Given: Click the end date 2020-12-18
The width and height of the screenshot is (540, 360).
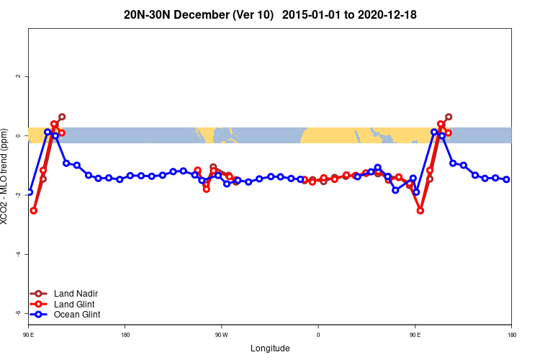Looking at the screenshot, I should pos(387,14).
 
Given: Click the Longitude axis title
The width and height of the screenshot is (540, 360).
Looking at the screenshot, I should pos(270,348).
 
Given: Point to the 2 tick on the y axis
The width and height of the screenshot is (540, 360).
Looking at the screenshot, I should pos(18,76).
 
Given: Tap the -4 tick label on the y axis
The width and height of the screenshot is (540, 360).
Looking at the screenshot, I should pos(18,254).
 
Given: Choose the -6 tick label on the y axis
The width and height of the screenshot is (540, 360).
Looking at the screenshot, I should pos(18,313).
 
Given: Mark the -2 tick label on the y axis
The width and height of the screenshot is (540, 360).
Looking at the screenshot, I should pos(18,195).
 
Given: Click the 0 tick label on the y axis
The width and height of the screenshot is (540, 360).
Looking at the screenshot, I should pos(18,135).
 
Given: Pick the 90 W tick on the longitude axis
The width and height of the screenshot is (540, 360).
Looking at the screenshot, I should pos(221,335).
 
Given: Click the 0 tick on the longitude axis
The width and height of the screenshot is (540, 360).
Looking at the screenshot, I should pos(318,335).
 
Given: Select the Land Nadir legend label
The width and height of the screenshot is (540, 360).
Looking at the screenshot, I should pos(76,293).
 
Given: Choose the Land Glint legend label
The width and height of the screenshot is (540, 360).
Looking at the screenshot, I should pos(75,304).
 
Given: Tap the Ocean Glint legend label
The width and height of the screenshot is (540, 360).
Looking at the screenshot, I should pos(77,315).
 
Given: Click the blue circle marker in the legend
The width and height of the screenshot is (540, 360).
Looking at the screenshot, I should pos(40,315).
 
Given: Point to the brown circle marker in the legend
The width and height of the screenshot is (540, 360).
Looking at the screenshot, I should pos(40,293).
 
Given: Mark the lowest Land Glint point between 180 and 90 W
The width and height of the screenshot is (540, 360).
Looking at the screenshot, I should pos(207,189).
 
